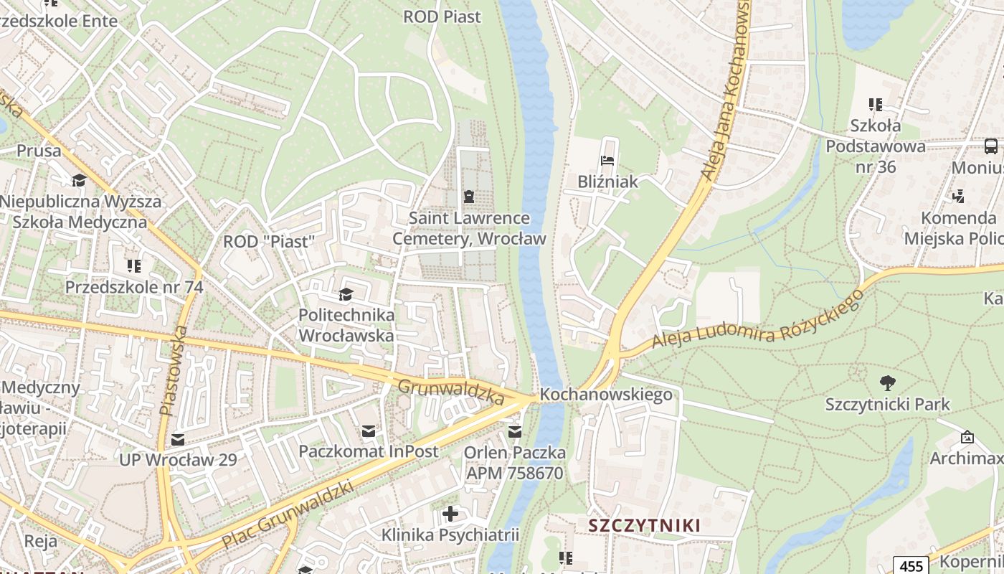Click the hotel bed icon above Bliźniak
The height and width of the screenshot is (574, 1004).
[608, 161]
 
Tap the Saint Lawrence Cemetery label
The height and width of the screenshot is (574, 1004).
[469, 228]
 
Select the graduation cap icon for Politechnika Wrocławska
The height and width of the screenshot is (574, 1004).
[346, 294]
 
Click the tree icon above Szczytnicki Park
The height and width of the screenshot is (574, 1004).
[887, 383]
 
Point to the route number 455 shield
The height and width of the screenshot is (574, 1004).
[911, 565]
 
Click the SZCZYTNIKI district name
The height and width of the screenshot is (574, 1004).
[644, 525]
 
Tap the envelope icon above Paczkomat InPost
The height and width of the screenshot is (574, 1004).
[368, 431]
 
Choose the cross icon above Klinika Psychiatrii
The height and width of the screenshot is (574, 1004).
[450, 514]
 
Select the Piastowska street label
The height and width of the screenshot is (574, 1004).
[174, 370]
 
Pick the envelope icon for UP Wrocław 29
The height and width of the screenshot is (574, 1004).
[177, 439]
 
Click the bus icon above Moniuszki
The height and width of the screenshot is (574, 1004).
[991, 147]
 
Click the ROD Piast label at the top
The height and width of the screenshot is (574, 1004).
[442, 17]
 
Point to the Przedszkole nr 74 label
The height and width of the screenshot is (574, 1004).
[134, 287]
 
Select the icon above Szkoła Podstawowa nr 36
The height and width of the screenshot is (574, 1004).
[875, 105]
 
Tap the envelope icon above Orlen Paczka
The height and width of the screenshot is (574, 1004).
[514, 432]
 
